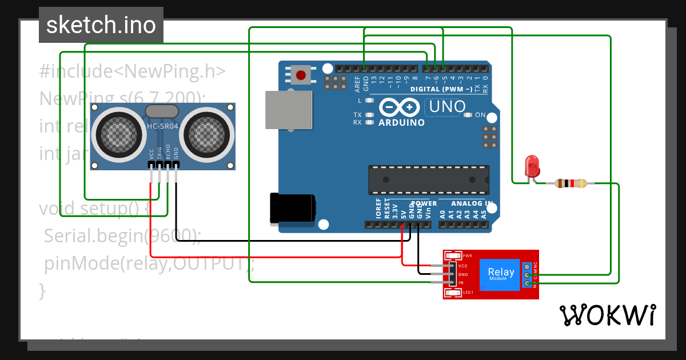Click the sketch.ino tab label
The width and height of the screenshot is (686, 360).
click(x=101, y=25)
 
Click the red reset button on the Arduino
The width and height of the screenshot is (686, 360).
click(x=301, y=74)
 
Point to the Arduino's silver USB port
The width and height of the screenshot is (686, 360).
click(x=289, y=110)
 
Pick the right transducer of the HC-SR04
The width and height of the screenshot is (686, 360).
click(x=206, y=135)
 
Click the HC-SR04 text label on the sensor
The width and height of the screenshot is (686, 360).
click(x=163, y=126)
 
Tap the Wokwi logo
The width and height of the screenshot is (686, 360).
click(x=608, y=315)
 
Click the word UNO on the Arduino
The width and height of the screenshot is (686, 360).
click(x=447, y=107)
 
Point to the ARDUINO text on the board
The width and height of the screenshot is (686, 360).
click(x=401, y=122)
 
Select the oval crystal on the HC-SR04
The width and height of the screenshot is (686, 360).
click(x=162, y=111)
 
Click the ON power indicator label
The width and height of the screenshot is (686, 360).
click(x=480, y=115)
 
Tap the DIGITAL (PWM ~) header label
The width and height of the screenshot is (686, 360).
click(x=441, y=89)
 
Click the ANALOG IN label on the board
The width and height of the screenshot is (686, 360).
click(x=472, y=203)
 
